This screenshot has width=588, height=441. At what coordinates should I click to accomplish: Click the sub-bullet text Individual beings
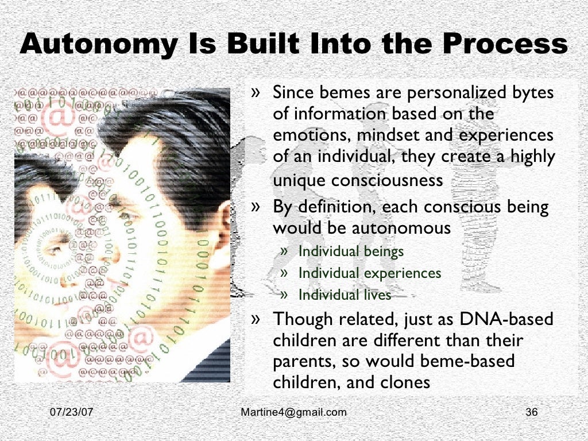coord(351,251)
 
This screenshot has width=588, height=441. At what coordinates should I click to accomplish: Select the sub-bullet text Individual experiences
coord(370,273)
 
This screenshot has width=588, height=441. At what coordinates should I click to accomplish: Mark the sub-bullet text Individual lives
coord(345,295)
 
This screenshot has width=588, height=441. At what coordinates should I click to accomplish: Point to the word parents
coord(300,362)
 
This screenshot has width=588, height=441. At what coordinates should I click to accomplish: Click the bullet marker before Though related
coord(258,318)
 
